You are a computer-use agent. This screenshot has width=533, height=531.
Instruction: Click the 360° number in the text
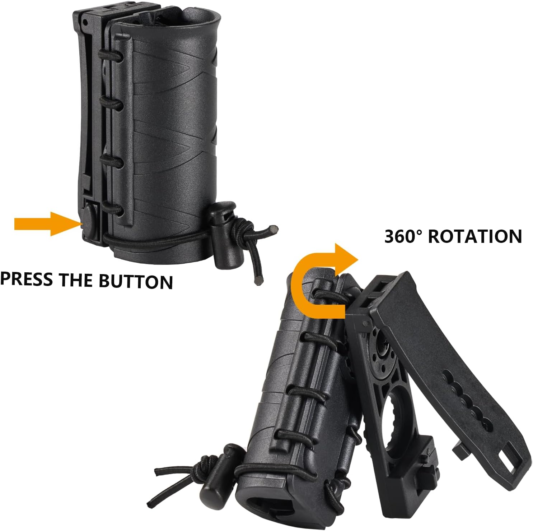pyautogui.click(x=403, y=236)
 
